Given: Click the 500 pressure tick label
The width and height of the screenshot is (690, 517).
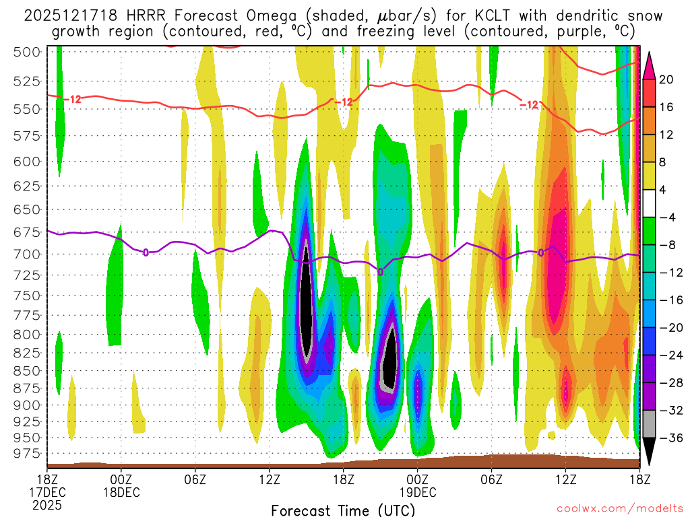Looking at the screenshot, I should coord(28,52).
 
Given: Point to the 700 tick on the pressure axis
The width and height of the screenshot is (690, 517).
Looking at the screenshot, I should coord(28,254).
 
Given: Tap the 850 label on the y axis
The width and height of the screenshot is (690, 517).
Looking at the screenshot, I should coord(28,370).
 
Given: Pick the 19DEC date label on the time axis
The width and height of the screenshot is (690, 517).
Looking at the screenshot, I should coord(418,491).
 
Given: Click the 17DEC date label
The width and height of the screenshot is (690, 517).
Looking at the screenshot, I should coord(47,491).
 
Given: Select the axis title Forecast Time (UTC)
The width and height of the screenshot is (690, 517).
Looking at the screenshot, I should coord(343,510).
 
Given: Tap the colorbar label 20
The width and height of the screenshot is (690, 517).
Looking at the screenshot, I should coord(667,79).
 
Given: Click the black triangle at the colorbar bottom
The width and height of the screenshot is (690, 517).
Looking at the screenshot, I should coord(649,451).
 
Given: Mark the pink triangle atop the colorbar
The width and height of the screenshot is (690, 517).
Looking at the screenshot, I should coord(649,65).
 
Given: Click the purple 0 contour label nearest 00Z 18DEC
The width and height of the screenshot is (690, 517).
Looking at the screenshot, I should coord(146,252).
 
